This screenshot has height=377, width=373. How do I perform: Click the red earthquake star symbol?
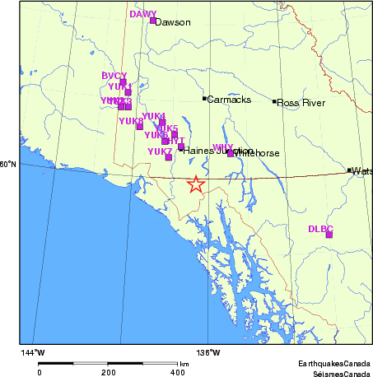pos(196,184)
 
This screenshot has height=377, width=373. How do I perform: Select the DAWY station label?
pos(142,14)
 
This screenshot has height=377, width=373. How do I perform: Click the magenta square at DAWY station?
pos(153,21)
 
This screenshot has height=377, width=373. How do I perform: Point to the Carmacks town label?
pos(225,100)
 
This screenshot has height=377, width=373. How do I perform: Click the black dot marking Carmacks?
pos(204,99)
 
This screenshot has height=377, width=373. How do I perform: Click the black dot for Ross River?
pos(274,101)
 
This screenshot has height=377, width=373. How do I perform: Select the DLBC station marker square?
pos(329,235)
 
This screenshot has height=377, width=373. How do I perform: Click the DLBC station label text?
pos(320,228)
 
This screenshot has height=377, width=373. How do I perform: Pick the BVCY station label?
pos(114,76)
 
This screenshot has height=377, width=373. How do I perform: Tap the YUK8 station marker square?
pos(140,127)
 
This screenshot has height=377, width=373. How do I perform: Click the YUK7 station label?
pos(159,151)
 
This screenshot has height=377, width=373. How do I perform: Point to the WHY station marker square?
pos(231,153)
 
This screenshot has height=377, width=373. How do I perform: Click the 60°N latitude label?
pos(8,165)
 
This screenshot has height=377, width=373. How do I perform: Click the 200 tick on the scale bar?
pos(108,372)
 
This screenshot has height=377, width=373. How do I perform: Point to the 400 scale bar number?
pos(177,372)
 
